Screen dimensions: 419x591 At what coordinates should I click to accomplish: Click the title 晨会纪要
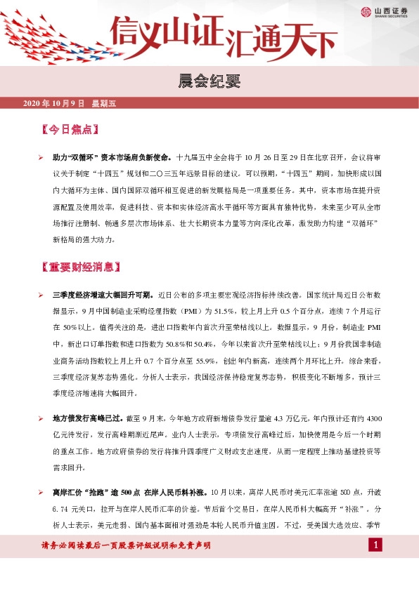pyautogui.click(x=209, y=81)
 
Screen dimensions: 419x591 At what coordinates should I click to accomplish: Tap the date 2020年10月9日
pyautogui.click(x=54, y=103)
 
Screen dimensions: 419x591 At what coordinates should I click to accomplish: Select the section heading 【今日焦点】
pyautogui.click(x=68, y=130)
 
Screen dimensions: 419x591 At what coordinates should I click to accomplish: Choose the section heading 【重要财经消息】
pyautogui.click(x=82, y=267)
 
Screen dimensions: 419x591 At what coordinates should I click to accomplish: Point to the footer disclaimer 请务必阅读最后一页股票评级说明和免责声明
pyautogui.click(x=127, y=545)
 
